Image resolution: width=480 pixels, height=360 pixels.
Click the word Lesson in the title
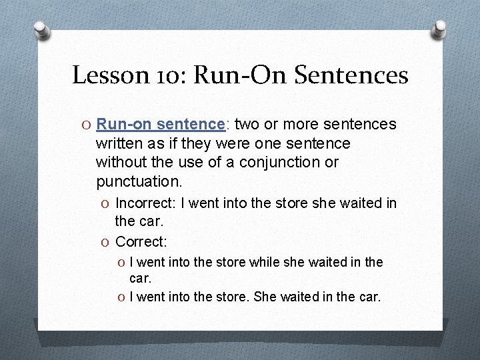[109, 75]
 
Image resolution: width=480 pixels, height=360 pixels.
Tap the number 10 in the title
[169, 75]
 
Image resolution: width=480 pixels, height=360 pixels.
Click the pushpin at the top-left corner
[41, 30]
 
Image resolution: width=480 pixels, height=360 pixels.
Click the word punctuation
[138, 181]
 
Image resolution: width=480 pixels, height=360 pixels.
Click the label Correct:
[141, 241]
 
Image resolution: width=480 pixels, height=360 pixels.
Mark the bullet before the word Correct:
[105, 241]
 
